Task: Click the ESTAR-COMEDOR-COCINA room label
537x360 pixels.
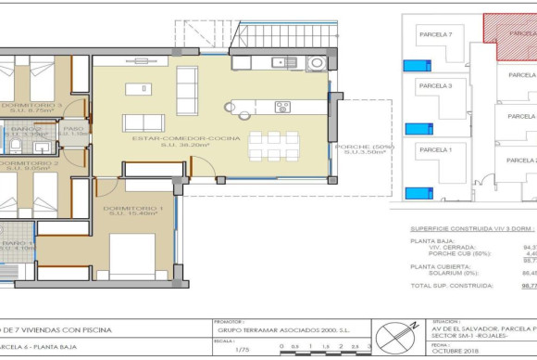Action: click(x=186, y=138)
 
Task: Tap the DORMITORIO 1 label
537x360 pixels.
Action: click(x=133, y=209)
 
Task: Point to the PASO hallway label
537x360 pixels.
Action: click(x=73, y=130)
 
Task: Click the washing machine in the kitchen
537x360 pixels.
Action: click(x=316, y=63)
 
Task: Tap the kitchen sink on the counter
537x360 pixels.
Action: click(x=279, y=63)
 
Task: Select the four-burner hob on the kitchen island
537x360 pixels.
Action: click(x=282, y=107)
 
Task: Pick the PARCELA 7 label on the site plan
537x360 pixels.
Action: click(x=435, y=34)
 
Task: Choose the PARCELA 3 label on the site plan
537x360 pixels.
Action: click(x=435, y=85)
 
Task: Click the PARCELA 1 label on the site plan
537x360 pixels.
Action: click(x=435, y=148)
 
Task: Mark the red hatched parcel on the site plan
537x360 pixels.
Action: click(x=509, y=37)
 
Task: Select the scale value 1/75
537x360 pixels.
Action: click(x=243, y=350)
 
